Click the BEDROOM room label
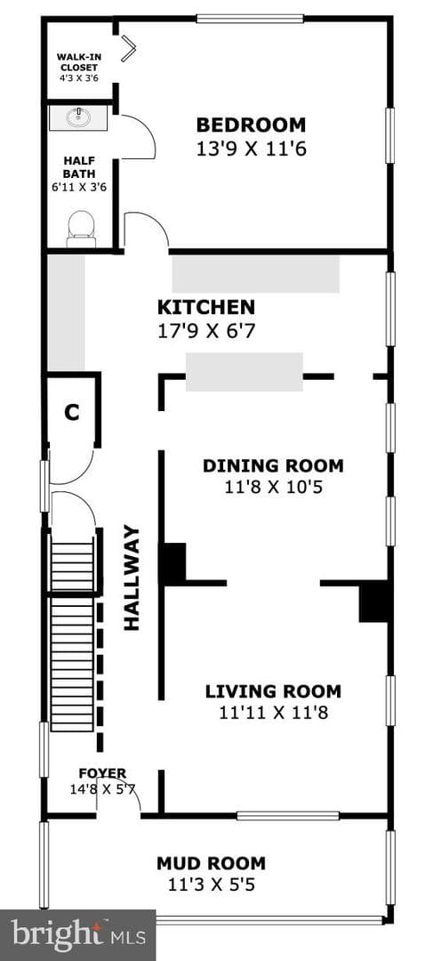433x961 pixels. pyautogui.click(x=251, y=125)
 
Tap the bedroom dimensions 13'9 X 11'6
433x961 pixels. pyautogui.click(x=251, y=149)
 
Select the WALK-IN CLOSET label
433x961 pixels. pyautogui.click(x=78, y=62)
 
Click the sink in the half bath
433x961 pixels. pyautogui.click(x=78, y=117)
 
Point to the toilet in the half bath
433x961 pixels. pyautogui.click(x=81, y=228)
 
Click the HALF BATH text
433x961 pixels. pyautogui.click(x=80, y=166)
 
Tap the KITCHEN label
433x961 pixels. pyautogui.click(x=205, y=306)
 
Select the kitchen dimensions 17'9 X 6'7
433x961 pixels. pyautogui.click(x=205, y=332)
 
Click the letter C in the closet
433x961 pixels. pyautogui.click(x=72, y=413)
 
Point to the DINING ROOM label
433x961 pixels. pyautogui.click(x=273, y=465)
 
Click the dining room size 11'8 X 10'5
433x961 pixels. pyautogui.click(x=273, y=488)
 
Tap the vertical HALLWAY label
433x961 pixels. pyautogui.click(x=132, y=577)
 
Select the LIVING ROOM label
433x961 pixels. pyautogui.click(x=273, y=692)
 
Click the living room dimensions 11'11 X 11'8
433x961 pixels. pyautogui.click(x=273, y=713)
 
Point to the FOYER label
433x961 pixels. pyautogui.click(x=102, y=773)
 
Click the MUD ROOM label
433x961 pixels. pyautogui.click(x=212, y=863)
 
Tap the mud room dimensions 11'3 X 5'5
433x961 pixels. pyautogui.click(x=212, y=885)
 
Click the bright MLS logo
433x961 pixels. pyautogui.click(x=77, y=935)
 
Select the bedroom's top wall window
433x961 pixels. pyautogui.click(x=250, y=19)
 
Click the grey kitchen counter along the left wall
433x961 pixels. pyautogui.click(x=66, y=312)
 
